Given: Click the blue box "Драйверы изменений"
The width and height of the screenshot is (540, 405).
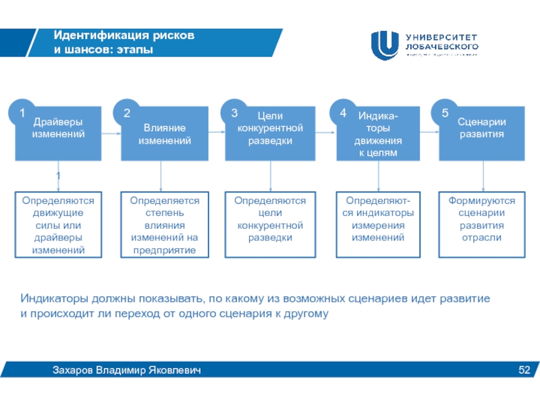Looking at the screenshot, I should pyautogui.click(x=58, y=133).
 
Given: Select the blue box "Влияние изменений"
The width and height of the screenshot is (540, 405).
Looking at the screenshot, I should pyautogui.click(x=164, y=133).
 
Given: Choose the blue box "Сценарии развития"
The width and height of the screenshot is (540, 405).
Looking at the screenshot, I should pyautogui.click(x=482, y=133).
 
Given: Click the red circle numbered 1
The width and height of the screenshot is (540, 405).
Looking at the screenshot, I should pyautogui.click(x=22, y=112).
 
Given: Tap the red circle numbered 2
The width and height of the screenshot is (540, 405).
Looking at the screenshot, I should pyautogui.click(x=127, y=112).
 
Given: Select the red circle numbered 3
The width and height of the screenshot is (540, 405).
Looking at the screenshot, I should pyautogui.click(x=235, y=112).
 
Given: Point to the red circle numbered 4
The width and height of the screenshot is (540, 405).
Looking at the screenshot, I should pyautogui.click(x=342, y=112).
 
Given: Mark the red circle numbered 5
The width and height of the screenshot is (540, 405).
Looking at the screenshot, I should pyautogui.click(x=446, y=112).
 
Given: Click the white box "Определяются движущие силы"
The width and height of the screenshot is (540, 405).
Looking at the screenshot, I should pyautogui.click(x=58, y=225).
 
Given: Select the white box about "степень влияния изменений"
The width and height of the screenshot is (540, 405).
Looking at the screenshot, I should pyautogui.click(x=164, y=225).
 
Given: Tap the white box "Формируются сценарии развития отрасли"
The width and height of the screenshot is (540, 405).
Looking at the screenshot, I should pyautogui.click(x=482, y=225).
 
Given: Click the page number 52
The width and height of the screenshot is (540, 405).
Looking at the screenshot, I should pyautogui.click(x=524, y=370).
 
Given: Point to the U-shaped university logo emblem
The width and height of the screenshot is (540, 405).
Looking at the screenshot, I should pyautogui.click(x=385, y=45).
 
